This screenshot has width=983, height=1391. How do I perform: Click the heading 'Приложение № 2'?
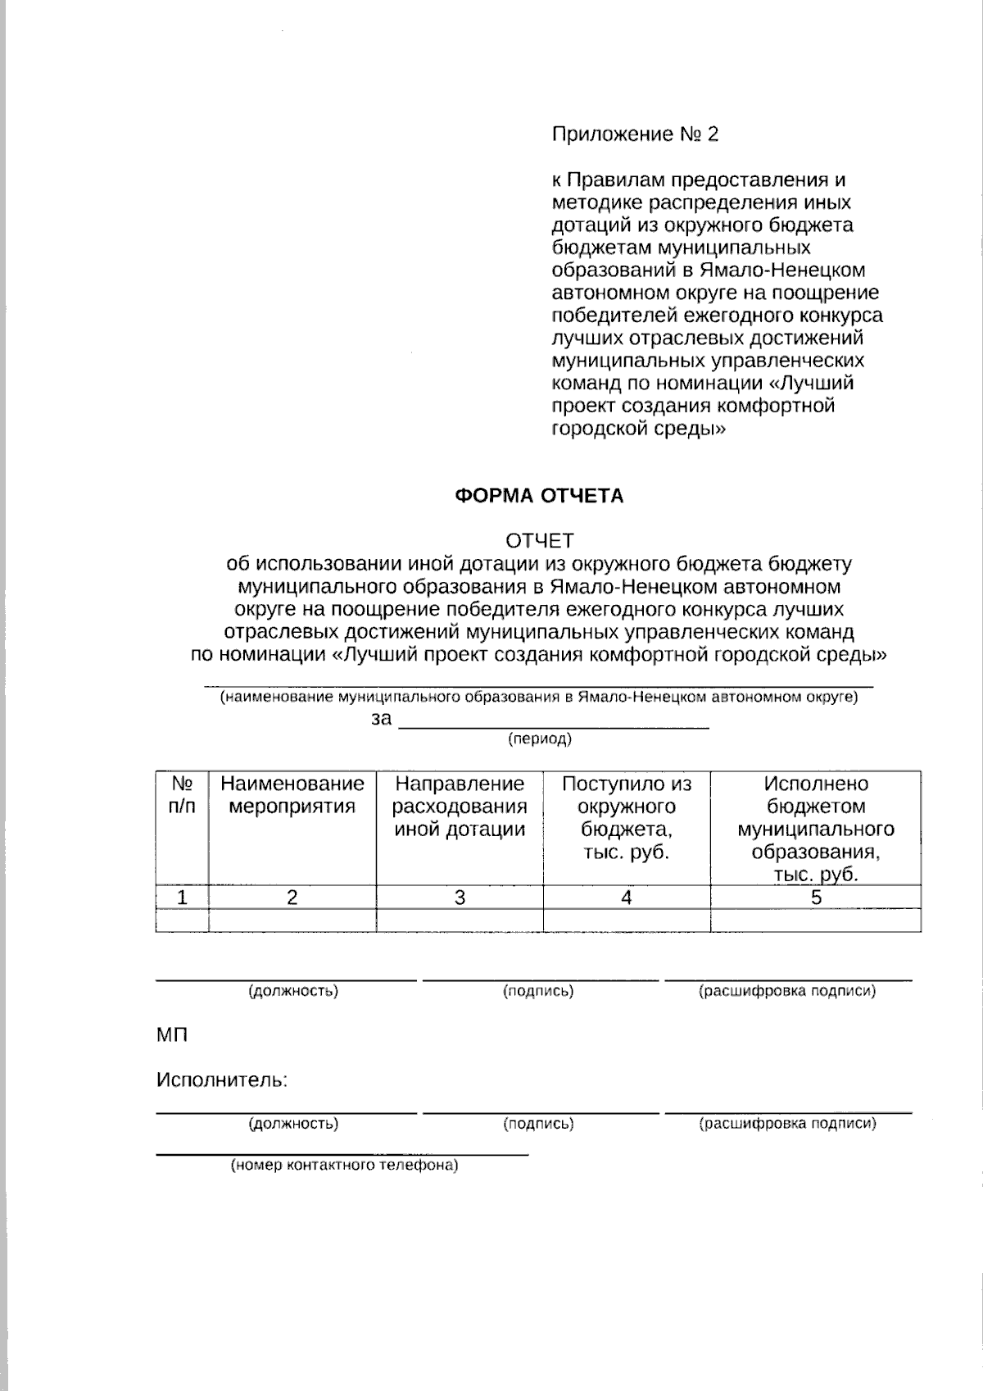click(x=635, y=134)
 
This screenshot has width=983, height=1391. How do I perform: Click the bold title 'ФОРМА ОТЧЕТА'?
click(x=538, y=496)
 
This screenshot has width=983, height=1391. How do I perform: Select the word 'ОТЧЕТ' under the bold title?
click(x=539, y=541)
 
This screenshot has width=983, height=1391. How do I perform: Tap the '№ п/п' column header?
click(x=182, y=795)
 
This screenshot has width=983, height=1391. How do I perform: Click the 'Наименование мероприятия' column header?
click(x=292, y=795)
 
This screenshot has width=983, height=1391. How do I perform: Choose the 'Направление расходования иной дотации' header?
click(x=459, y=807)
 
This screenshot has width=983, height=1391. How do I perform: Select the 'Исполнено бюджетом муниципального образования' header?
click(x=815, y=829)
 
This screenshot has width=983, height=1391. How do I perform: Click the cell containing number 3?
click(x=460, y=898)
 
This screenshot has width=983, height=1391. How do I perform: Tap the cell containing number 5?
click(x=816, y=898)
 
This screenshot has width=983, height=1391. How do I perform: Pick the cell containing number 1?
click(x=182, y=898)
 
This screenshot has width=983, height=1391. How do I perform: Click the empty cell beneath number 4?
click(x=626, y=921)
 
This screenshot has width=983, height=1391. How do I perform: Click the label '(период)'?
click(x=539, y=739)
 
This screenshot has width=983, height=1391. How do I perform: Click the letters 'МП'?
click(x=172, y=1035)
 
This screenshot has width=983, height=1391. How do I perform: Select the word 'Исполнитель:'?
click(x=222, y=1080)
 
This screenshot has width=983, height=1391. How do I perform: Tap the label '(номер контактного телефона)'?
click(x=344, y=1166)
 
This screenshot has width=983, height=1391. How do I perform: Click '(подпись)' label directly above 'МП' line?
click(x=538, y=992)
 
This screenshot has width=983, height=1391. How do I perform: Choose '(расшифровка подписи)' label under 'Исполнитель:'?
click(x=787, y=1124)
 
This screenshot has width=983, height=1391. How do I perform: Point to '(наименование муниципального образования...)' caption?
click(x=538, y=698)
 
